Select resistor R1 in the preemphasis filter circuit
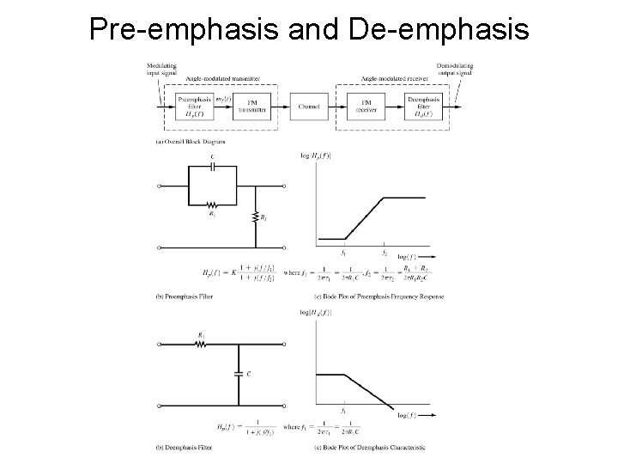(x=212, y=205)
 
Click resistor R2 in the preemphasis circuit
(x=256, y=218)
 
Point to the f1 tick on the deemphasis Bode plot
(x=344, y=409)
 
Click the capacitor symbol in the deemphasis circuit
(x=239, y=374)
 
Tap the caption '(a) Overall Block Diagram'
(x=187, y=140)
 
